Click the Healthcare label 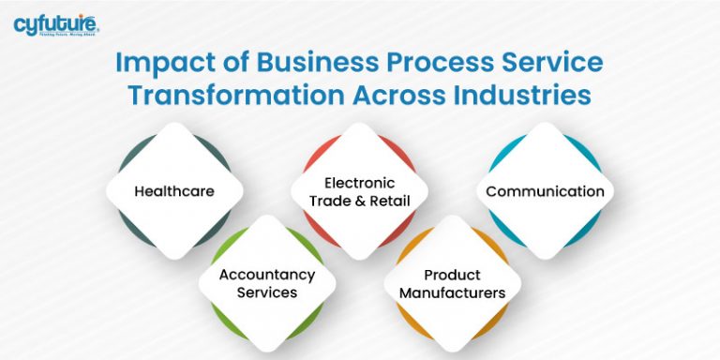[x=174, y=191]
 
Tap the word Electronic [x=359, y=183]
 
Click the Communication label [x=545, y=191]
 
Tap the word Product [x=452, y=275]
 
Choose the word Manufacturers [x=452, y=292]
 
